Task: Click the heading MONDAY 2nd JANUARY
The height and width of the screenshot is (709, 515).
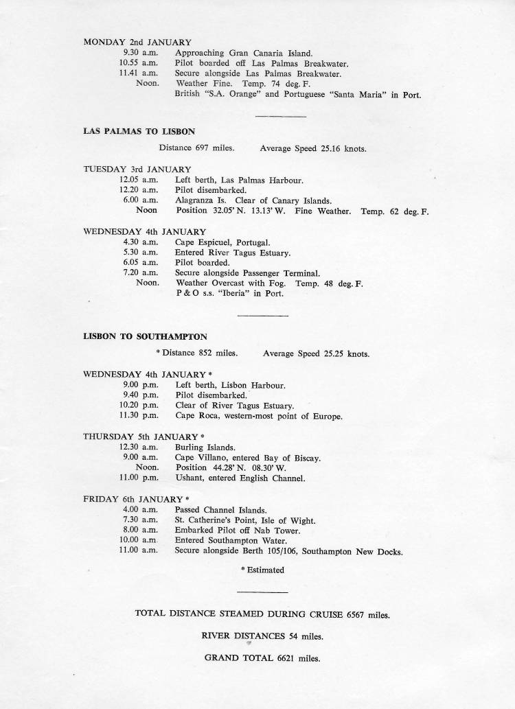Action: tap(137, 42)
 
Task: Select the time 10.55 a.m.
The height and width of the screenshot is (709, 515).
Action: tap(139, 63)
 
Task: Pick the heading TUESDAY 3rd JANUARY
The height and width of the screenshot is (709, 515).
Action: tap(137, 170)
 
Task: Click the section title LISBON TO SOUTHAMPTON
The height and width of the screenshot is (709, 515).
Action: tap(145, 337)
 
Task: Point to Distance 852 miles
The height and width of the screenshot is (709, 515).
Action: tap(200, 354)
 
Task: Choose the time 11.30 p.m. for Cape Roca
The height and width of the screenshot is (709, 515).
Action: tap(139, 416)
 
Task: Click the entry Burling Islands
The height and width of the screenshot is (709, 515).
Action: tap(205, 448)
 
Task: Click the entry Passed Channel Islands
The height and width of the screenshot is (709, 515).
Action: tap(220, 510)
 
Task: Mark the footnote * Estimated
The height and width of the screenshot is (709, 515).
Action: tap(262, 570)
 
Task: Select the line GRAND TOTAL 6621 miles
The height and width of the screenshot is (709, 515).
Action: tap(262, 658)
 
